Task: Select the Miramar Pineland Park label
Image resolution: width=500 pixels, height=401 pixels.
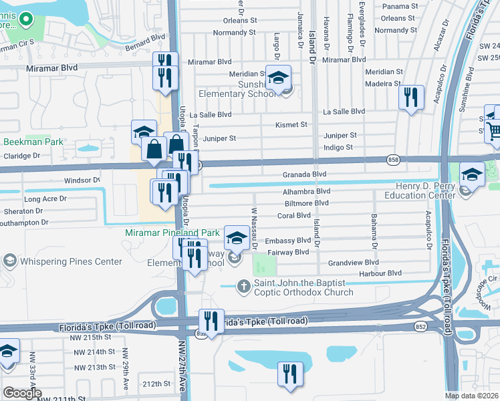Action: coord(172,233)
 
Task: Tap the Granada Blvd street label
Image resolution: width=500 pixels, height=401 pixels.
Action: coord(303,174)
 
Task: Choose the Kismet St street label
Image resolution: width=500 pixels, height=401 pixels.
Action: coord(291,124)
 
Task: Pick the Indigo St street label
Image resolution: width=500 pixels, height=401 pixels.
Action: coord(338,147)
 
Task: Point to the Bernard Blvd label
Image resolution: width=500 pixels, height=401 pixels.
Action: coord(143,49)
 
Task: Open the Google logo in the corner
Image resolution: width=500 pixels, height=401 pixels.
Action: coord(22,393)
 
